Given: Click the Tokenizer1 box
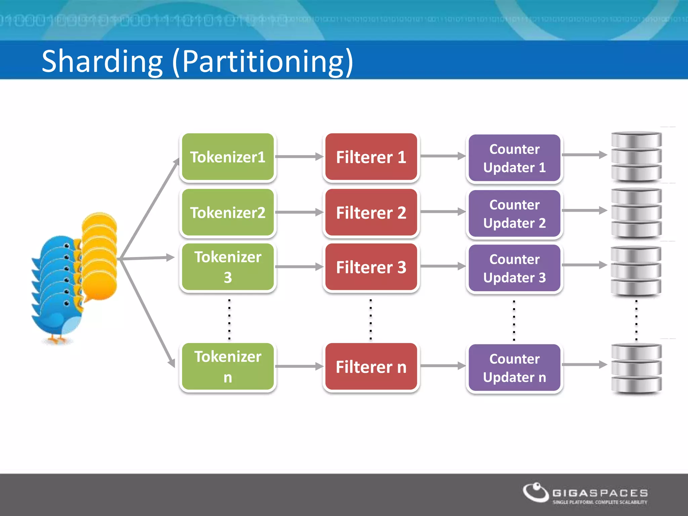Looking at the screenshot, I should (x=228, y=157).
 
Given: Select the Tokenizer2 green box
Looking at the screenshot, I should (x=228, y=212).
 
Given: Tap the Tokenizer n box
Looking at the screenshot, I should (x=228, y=367).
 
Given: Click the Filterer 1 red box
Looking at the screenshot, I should (x=371, y=157).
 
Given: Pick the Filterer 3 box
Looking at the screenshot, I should (x=371, y=267).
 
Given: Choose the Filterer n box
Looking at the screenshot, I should (x=371, y=367).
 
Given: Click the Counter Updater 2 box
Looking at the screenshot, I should (x=514, y=214).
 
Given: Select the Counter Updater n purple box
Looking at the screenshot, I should (x=514, y=368).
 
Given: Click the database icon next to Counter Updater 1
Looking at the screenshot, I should (x=636, y=157).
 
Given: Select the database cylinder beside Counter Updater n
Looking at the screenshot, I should (x=636, y=368).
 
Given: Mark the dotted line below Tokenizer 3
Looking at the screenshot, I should (x=229, y=319).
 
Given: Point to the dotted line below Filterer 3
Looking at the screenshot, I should (x=371, y=319).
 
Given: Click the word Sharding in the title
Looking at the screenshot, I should (x=102, y=61).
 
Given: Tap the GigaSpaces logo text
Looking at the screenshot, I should (x=600, y=493).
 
